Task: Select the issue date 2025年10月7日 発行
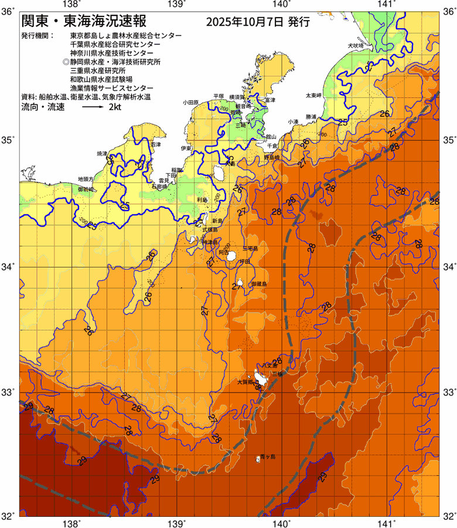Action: click(257, 23)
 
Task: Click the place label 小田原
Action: click(191, 102)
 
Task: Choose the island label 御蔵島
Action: click(258, 283)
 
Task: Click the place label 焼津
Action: click(103, 153)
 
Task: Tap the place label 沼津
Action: click(155, 144)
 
